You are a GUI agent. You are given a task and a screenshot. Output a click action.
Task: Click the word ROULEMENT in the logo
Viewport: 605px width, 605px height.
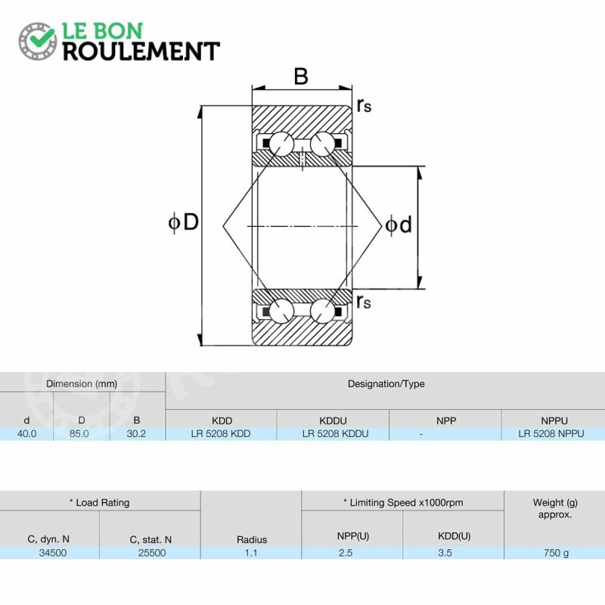pyautogui.click(x=141, y=51)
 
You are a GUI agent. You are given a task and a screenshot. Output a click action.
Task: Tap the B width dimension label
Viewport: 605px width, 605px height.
pyautogui.click(x=301, y=76)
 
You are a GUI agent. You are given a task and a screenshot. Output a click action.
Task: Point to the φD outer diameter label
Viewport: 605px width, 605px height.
pyautogui.click(x=184, y=222)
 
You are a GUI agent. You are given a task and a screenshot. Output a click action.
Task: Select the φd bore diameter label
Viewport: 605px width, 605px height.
pyautogui.click(x=399, y=225)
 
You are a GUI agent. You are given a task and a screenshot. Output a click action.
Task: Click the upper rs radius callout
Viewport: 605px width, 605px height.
pyautogui.click(x=364, y=104)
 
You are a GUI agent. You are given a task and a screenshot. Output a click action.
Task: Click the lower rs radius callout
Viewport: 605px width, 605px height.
pyautogui.click(x=364, y=301)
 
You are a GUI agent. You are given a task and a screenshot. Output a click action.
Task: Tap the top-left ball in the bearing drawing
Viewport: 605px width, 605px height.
pyautogui.click(x=281, y=144)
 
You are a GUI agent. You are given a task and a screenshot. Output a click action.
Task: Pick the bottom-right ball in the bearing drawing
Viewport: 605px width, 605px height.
pyautogui.click(x=322, y=311)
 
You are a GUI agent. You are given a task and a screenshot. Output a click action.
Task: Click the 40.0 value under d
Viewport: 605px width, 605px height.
pyautogui.click(x=27, y=433)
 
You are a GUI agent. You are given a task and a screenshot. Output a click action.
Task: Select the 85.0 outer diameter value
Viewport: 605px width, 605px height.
pyautogui.click(x=79, y=433)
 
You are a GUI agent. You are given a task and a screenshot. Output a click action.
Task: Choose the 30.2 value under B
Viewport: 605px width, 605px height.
pyautogui.click(x=136, y=433)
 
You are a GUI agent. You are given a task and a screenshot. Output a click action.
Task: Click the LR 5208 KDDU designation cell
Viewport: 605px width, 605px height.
pyautogui.click(x=335, y=433)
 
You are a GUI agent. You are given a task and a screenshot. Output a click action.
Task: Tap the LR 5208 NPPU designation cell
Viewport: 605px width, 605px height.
pyautogui.click(x=551, y=433)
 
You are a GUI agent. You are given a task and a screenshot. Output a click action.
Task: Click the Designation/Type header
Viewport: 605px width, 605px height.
pyautogui.click(x=386, y=384)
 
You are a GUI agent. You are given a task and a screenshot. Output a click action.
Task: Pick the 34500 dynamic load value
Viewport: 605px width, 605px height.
pyautogui.click(x=53, y=553)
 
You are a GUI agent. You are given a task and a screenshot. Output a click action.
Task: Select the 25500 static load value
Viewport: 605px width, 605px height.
pyautogui.click(x=152, y=553)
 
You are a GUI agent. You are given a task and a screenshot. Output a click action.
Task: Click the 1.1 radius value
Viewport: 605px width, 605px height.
pyautogui.click(x=251, y=553)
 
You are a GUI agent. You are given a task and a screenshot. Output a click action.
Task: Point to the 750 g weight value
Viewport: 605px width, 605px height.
pyautogui.click(x=556, y=553)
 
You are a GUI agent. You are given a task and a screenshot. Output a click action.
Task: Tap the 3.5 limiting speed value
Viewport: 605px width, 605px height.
pyautogui.click(x=445, y=553)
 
